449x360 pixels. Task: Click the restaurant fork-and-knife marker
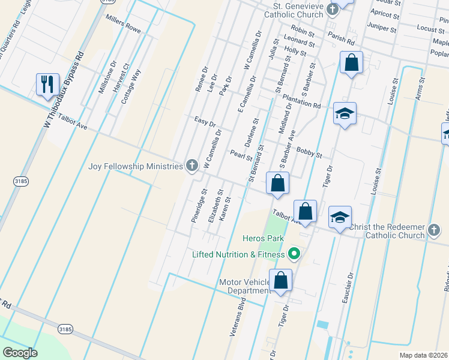[47, 83]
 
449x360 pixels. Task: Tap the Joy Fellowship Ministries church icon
[192, 166]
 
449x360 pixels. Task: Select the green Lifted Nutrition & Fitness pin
[294, 254]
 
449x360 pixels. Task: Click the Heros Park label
[262, 238]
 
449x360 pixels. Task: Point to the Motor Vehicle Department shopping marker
[280, 280]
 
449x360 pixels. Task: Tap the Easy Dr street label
[205, 122]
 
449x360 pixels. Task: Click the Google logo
[20, 353]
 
